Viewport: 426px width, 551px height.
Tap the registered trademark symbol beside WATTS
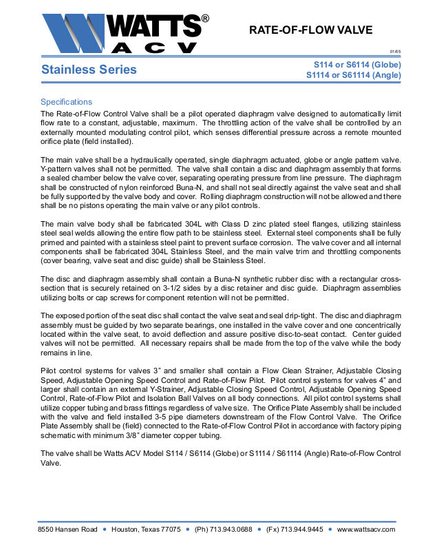click(204, 19)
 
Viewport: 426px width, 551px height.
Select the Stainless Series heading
click(89, 70)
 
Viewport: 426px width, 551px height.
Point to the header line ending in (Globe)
click(353, 65)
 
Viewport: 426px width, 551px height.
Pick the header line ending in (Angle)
click(352, 75)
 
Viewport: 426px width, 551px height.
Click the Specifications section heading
click(66, 102)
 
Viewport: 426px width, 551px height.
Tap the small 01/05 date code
click(395, 52)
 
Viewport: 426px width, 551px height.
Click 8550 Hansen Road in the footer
click(67, 529)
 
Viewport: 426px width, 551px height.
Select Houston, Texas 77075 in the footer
click(147, 529)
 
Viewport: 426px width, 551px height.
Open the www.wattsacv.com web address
click(366, 529)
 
